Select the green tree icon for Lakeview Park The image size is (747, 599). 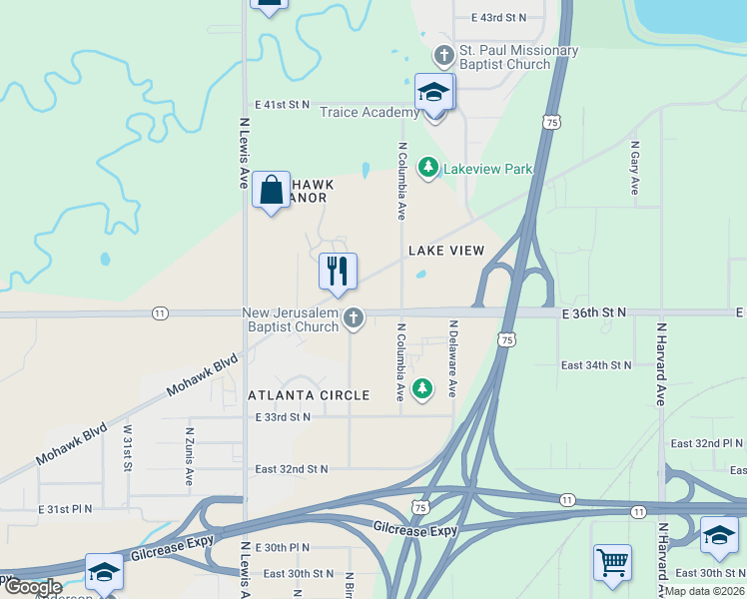click(428, 168)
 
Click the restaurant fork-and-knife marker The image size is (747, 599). click(337, 272)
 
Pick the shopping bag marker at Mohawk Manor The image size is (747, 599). click(271, 190)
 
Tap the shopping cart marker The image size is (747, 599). click(611, 561)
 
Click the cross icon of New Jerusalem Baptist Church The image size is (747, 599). click(353, 318)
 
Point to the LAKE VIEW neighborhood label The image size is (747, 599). click(446, 251)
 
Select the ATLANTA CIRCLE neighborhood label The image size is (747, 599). click(309, 395)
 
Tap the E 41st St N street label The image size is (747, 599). click(283, 104)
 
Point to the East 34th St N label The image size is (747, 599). click(597, 365)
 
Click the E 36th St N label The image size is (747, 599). click(593, 312)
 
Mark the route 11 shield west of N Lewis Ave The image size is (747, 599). click(160, 313)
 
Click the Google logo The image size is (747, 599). click(33, 587)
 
